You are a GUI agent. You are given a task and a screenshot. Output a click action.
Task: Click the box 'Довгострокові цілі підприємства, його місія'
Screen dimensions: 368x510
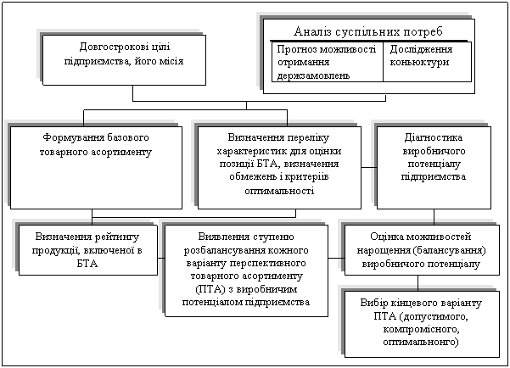point(124,59)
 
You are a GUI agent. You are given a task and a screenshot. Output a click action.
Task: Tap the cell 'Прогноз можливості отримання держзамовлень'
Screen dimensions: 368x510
point(327,63)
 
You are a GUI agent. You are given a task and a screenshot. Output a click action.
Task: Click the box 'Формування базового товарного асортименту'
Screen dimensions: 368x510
point(96,166)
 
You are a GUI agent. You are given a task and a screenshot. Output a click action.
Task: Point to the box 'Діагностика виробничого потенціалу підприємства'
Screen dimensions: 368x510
point(433,166)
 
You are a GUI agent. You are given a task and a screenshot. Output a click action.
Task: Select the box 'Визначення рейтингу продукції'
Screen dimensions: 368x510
point(87,248)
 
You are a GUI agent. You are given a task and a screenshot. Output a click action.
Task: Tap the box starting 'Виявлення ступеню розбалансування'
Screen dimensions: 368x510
point(246,269)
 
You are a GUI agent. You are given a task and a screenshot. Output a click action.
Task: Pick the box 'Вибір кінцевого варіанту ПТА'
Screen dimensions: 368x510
point(419,322)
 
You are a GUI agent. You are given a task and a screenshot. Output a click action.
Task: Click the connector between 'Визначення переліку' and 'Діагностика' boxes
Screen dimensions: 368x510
point(368,166)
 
